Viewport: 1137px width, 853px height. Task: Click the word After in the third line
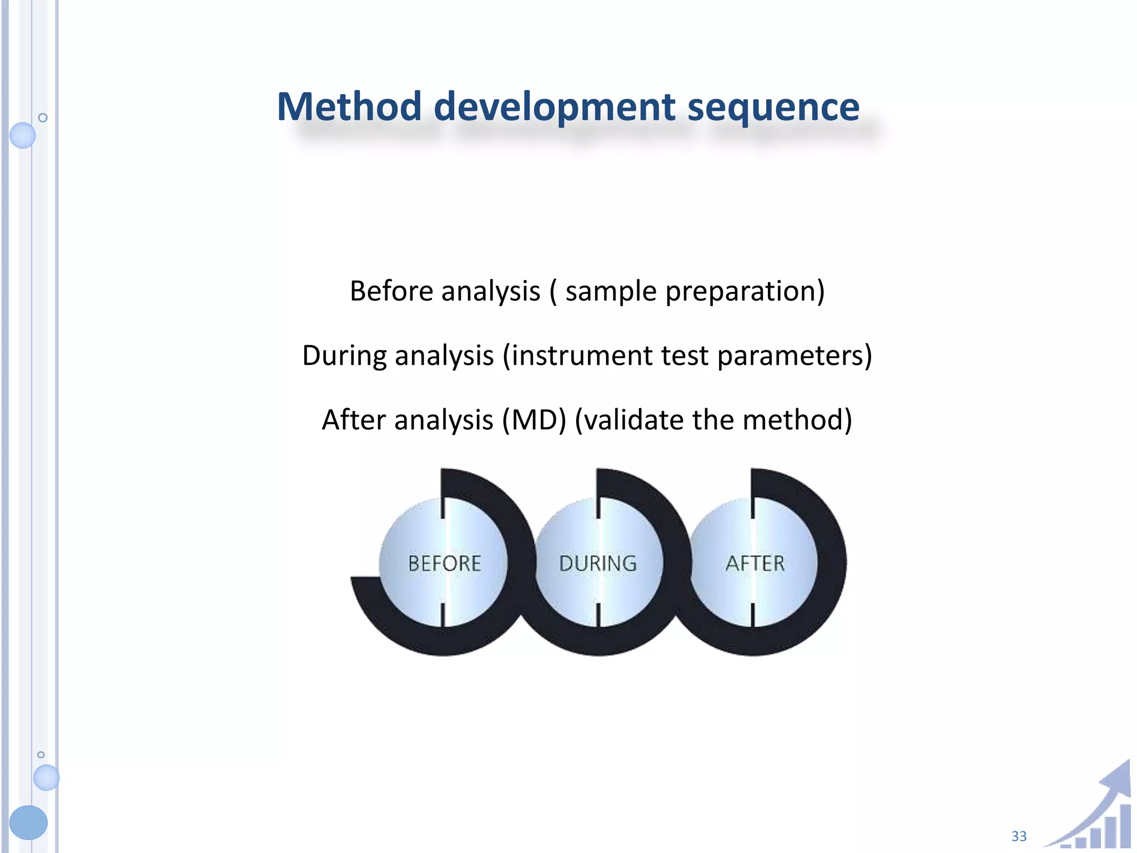353,419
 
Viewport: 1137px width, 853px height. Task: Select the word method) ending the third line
797,420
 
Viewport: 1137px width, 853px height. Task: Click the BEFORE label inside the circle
445,564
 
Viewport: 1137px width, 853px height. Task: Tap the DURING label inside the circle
598,564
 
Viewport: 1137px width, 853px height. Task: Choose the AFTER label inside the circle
755,564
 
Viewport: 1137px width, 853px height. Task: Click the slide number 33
1019,836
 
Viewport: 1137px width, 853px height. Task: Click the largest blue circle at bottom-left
28,822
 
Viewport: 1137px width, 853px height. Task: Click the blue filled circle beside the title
23,135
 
